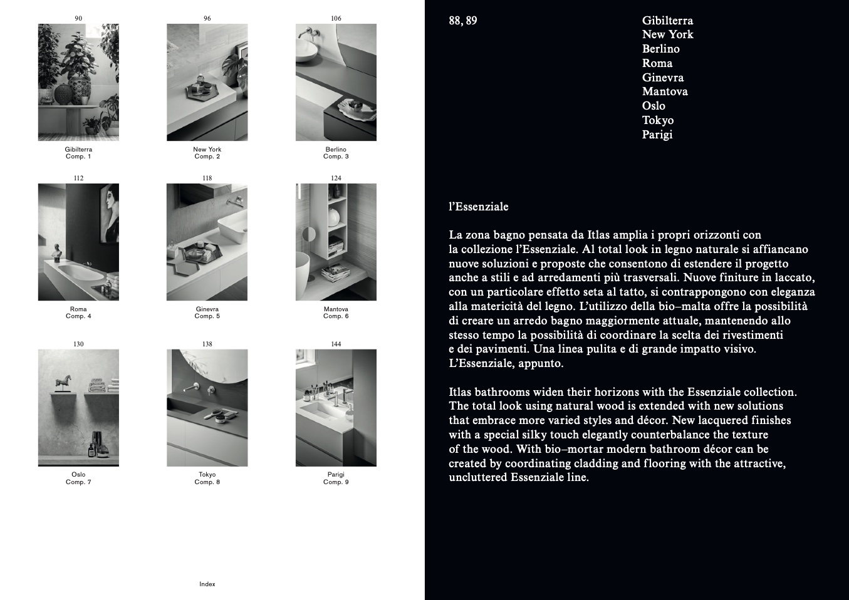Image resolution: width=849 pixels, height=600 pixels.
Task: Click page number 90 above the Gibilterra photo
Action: [78, 18]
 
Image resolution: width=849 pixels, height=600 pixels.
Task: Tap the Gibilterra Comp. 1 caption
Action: [78, 153]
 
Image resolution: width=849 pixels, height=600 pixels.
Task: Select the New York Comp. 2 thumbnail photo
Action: [207, 82]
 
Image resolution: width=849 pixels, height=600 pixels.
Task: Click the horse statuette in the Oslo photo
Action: [64, 383]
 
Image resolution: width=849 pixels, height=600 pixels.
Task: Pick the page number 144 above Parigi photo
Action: [336, 344]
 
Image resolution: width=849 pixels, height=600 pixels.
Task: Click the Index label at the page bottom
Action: [207, 584]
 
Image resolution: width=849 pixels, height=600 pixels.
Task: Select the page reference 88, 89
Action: [463, 21]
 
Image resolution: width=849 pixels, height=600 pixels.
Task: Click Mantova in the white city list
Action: [665, 91]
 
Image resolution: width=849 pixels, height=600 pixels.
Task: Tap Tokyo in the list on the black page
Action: [658, 120]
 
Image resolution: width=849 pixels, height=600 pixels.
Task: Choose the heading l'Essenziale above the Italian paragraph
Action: [479, 207]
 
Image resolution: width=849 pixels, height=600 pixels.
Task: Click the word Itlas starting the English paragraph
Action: [459, 391]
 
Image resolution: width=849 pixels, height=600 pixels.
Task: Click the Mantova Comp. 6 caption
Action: [336, 313]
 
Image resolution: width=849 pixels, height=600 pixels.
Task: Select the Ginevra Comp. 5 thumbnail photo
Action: [207, 242]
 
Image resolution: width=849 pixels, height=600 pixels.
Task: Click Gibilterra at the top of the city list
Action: [667, 21]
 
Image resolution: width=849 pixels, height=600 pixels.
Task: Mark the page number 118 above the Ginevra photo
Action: [207, 178]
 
